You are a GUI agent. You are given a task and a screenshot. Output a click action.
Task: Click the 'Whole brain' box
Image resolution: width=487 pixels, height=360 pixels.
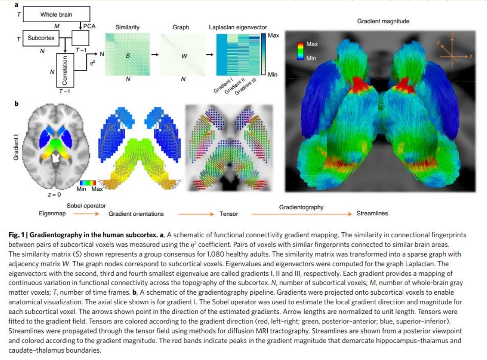click(x=56, y=14)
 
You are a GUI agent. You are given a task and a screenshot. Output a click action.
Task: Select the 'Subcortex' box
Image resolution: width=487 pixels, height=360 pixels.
click(x=41, y=38)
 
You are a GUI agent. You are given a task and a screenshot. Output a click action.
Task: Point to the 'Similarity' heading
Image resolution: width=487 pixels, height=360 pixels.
click(x=127, y=27)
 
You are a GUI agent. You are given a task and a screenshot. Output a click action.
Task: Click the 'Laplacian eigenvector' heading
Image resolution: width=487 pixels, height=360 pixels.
click(x=238, y=27)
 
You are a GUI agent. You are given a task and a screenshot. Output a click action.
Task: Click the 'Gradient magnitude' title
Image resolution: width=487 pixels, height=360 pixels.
click(x=383, y=21)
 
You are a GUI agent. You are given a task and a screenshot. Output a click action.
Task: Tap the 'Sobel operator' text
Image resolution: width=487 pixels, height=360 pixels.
click(x=86, y=205)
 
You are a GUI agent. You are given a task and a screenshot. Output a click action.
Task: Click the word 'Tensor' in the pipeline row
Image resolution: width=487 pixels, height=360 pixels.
click(x=229, y=214)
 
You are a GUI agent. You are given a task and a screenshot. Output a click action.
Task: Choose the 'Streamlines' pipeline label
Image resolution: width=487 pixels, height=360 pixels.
click(x=372, y=214)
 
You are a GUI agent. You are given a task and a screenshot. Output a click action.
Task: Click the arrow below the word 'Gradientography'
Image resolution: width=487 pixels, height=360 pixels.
click(x=301, y=214)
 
